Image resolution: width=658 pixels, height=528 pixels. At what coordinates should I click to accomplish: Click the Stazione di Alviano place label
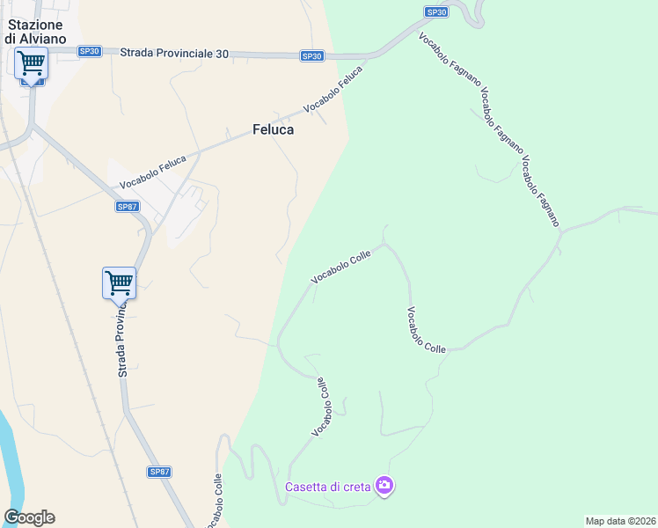pyautogui.click(x=33, y=32)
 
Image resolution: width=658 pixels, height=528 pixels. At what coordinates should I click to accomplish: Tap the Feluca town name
pyautogui.click(x=273, y=129)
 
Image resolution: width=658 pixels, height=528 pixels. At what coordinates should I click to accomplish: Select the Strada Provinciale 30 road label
pyautogui.click(x=174, y=54)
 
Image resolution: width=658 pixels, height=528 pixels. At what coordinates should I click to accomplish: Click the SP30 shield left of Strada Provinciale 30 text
pyautogui.click(x=89, y=52)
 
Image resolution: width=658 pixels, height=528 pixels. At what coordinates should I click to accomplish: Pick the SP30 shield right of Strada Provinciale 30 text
pyautogui.click(x=311, y=56)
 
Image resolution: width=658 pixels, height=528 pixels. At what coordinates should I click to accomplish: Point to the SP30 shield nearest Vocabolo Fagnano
pyautogui.click(x=436, y=11)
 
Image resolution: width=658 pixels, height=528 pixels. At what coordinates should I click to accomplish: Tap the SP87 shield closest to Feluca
pyautogui.click(x=127, y=207)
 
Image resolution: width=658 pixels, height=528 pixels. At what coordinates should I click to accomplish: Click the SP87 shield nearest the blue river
pyautogui.click(x=159, y=472)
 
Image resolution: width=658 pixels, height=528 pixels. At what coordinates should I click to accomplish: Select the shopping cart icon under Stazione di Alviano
pyautogui.click(x=31, y=63)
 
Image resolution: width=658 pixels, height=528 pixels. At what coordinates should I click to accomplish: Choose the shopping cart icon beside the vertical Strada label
pyautogui.click(x=119, y=283)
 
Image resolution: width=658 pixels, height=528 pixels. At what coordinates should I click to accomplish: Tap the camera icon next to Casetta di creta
pyautogui.click(x=384, y=485)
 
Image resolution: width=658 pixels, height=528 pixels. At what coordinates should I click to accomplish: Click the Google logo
pyautogui.click(x=29, y=517)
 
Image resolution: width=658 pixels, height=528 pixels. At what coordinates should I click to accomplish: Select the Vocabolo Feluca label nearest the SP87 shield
pyautogui.click(x=153, y=172)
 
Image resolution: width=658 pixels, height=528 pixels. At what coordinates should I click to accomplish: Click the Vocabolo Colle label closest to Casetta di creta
pyautogui.click(x=322, y=407)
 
